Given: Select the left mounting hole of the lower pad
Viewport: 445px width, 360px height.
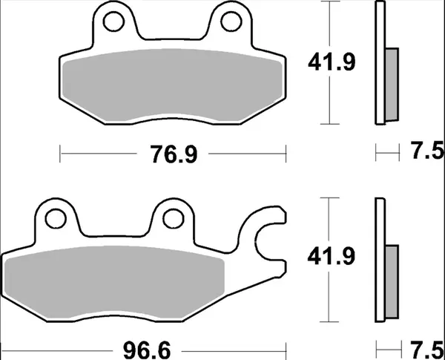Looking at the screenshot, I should coord(53,217).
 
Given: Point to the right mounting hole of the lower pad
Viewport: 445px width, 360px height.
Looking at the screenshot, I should coord(171,217).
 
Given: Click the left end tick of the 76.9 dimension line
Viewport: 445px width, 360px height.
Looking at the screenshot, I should coord(59,154).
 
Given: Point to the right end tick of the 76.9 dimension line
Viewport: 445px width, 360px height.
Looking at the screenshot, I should coord(286,154).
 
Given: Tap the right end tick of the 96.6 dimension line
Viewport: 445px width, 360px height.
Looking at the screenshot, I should coord(286,347).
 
